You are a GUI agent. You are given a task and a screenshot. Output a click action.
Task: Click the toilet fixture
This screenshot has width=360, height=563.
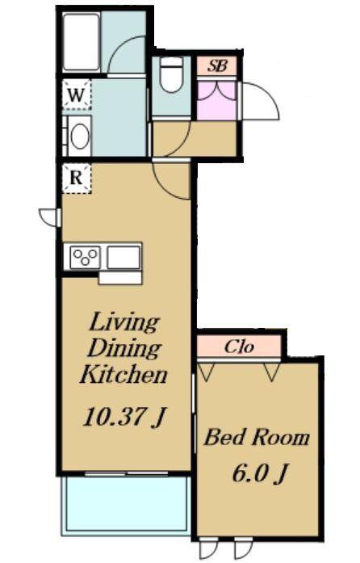pyautogui.click(x=171, y=74)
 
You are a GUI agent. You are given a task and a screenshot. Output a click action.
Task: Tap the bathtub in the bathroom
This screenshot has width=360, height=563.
pyautogui.click(x=82, y=42)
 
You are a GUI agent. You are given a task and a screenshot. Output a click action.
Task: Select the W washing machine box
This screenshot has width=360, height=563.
pyautogui.click(x=77, y=95)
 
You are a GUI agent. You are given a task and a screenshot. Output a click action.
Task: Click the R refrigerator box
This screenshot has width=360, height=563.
pyautogui.click(x=77, y=179)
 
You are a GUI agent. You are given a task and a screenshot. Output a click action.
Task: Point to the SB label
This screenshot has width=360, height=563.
pyautogui.click(x=217, y=65)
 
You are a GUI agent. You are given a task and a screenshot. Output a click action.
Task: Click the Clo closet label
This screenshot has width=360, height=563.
pyautogui.click(x=239, y=347)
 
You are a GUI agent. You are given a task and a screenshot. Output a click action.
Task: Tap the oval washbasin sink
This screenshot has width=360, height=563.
pyautogui.click(x=80, y=136)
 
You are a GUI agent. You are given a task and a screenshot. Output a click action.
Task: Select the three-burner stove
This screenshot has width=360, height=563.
pyautogui.click(x=85, y=257)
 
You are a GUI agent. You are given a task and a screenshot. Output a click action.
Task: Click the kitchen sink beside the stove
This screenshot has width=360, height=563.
pyautogui.click(x=123, y=257)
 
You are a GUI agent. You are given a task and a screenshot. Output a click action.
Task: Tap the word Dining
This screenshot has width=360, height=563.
pyautogui.click(x=123, y=349)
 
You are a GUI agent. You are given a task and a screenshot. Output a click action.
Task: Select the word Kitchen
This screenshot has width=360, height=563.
pyautogui.click(x=123, y=374)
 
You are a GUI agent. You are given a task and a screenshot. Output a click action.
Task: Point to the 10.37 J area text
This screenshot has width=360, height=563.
pyautogui.click(x=123, y=417)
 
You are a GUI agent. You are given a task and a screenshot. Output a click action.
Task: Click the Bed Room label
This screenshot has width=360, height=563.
pyautogui.click(x=257, y=437)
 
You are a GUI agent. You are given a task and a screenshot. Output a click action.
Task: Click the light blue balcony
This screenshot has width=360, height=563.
pyautogui.click(x=126, y=505)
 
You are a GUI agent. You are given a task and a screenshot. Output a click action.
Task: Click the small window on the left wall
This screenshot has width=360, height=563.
pyautogui.click(x=50, y=217)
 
